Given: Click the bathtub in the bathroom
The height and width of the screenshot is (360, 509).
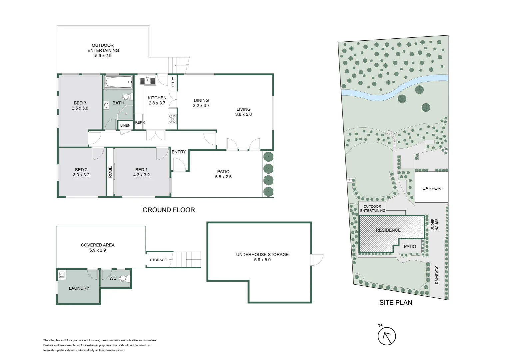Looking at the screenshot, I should click(118, 82).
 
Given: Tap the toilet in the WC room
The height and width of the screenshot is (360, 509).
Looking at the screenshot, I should click(123, 279).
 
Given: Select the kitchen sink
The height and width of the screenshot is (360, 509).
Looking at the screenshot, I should click(148, 81).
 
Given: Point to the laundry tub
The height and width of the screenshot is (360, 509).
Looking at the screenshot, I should click(62, 275).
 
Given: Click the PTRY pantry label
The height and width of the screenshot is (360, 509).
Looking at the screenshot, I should click(173, 81).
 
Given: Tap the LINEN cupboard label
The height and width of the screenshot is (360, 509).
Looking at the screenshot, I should click(125, 125).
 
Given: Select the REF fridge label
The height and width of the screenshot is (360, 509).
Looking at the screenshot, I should click(138, 122).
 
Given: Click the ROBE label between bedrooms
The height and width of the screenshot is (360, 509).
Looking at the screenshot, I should click(110, 172).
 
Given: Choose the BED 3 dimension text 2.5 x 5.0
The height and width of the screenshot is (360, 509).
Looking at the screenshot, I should click(80, 108).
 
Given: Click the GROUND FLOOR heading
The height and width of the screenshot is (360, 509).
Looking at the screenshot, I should click(169, 210).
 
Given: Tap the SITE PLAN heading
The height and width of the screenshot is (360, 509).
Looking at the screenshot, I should click(396, 303).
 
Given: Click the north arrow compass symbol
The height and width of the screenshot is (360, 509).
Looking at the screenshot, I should click(386, 336).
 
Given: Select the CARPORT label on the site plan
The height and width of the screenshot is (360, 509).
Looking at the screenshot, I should click(433, 188).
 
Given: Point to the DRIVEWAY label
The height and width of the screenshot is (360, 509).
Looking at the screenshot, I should click(437, 275).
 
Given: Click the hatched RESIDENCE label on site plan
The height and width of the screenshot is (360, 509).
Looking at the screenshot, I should click(388, 230).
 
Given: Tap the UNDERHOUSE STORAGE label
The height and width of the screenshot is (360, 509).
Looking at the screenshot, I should click(262, 255).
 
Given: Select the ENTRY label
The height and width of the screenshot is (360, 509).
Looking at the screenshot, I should click(179, 152).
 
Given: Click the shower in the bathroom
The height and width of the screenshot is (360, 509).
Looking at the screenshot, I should click(126, 113).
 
